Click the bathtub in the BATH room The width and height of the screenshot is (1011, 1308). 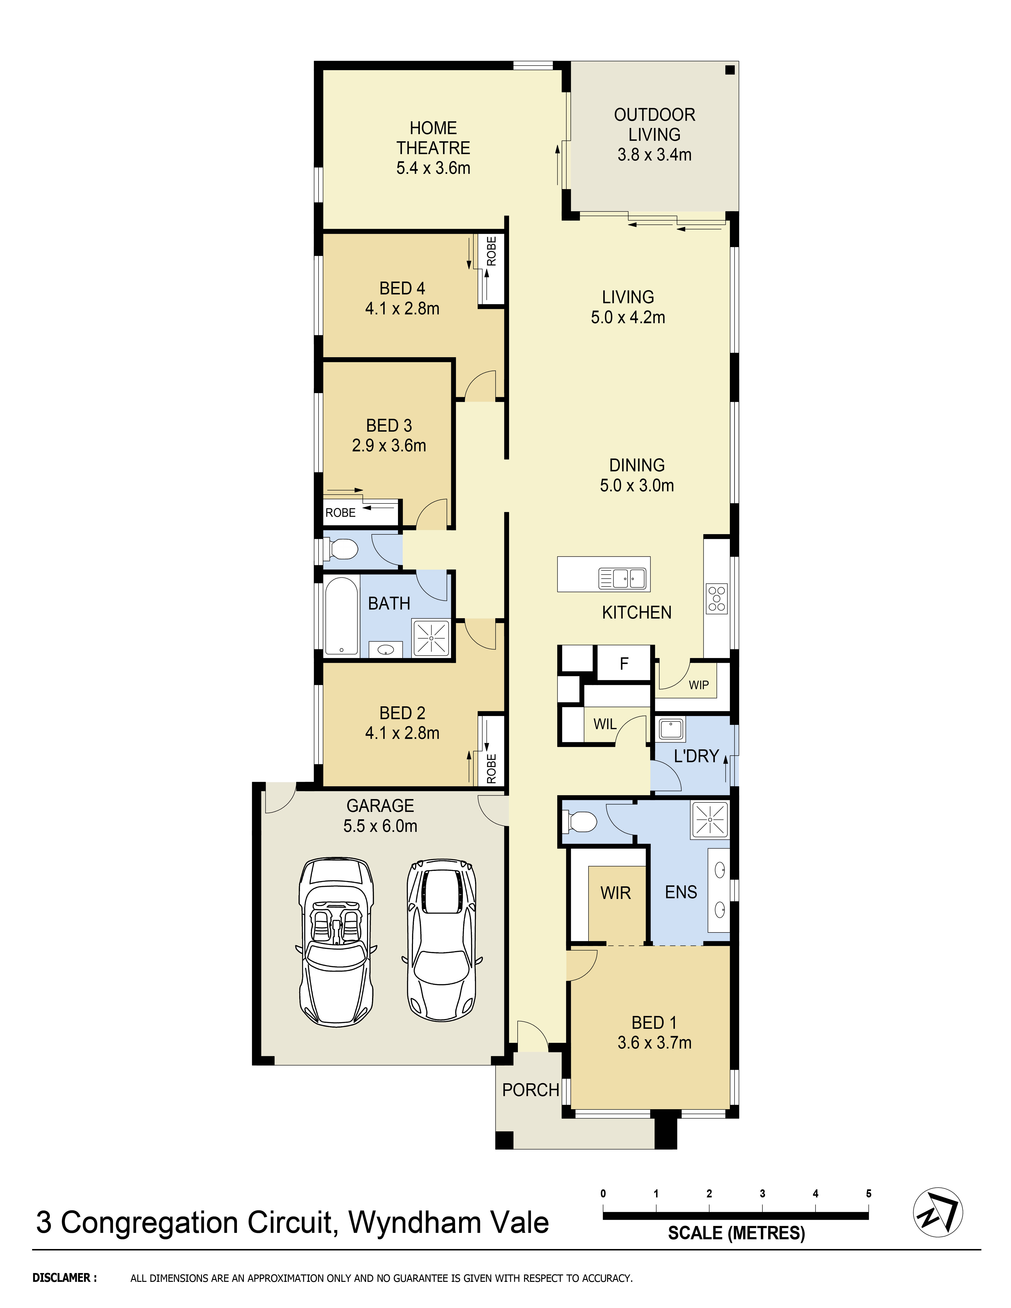pos(341,616)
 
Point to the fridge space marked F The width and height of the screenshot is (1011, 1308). pos(623,663)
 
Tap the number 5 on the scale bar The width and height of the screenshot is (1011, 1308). pos(869,1194)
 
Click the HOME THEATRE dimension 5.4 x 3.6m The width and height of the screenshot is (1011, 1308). pos(433,168)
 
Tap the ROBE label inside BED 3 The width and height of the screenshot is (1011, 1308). pos(340,513)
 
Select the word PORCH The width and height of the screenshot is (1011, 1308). pos(531,1090)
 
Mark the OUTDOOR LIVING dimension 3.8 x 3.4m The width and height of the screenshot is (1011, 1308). pos(655,155)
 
